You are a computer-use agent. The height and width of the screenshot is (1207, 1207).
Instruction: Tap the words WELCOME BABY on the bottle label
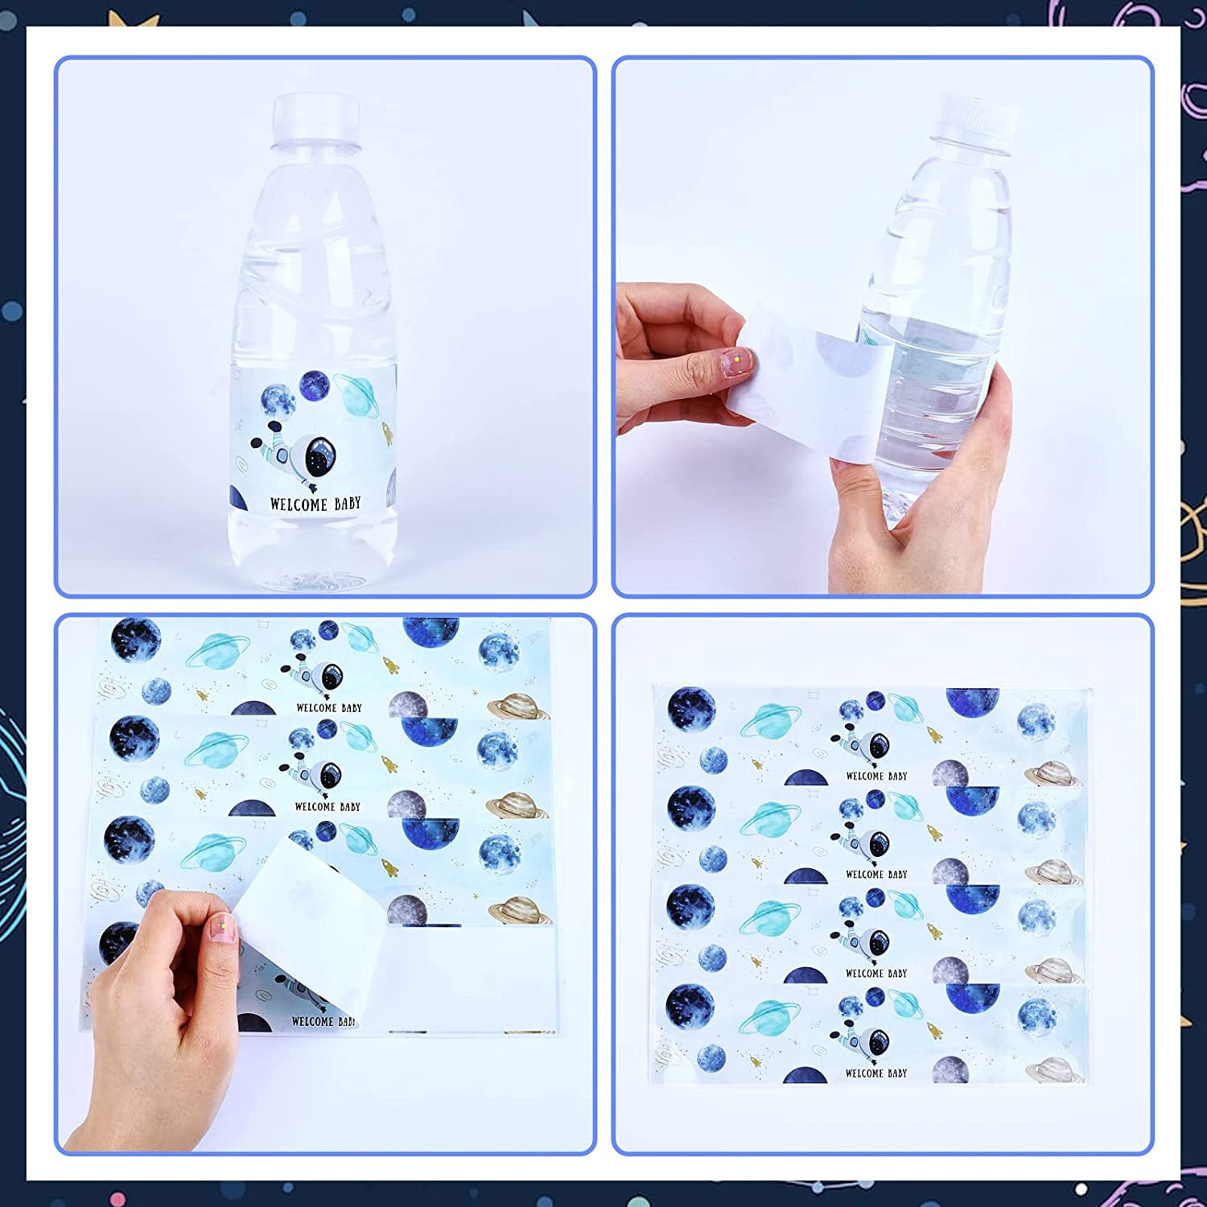[315, 505]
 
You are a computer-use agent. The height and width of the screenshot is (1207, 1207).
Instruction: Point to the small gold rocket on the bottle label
[387, 435]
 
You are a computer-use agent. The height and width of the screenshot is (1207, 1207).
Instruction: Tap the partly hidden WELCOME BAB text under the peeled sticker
[323, 1021]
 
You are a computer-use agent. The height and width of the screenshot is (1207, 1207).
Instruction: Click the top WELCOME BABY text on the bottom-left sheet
[329, 708]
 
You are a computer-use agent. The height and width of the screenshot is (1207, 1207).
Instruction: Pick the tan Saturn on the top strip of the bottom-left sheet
[519, 706]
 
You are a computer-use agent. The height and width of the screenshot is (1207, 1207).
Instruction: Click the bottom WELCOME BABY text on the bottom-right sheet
[876, 1073]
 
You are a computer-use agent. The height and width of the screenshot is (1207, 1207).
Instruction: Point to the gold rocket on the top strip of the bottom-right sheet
[934, 734]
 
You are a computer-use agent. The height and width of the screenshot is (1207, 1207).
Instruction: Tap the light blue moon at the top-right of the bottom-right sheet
[1036, 721]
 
